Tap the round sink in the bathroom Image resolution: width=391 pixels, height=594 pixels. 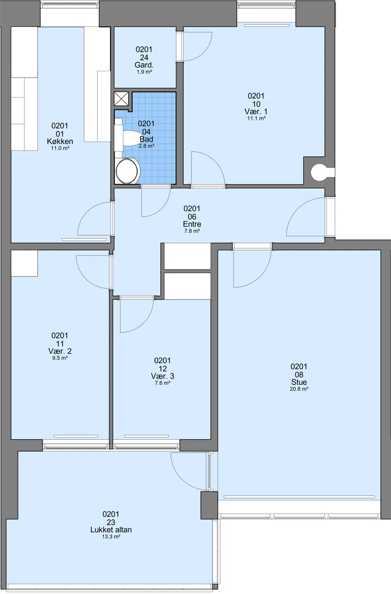click(x=128, y=171)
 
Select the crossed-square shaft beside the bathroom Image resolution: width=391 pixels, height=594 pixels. click(x=121, y=99)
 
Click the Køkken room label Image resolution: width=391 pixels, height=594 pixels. click(x=60, y=142)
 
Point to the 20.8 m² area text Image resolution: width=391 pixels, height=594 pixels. click(x=299, y=389)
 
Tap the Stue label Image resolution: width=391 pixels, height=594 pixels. click(x=299, y=382)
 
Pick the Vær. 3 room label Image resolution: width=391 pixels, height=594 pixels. click(x=163, y=376)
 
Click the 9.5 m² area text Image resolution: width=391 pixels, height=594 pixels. click(x=60, y=358)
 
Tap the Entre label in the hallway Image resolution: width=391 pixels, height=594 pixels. click(x=192, y=224)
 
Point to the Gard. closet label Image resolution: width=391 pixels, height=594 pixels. click(x=144, y=65)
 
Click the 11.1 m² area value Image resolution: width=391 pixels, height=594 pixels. click(x=256, y=118)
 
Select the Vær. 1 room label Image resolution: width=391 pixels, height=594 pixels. click(x=256, y=111)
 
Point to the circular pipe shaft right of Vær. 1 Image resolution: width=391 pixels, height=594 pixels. click(x=320, y=172)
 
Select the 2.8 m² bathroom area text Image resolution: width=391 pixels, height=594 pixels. click(x=146, y=146)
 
